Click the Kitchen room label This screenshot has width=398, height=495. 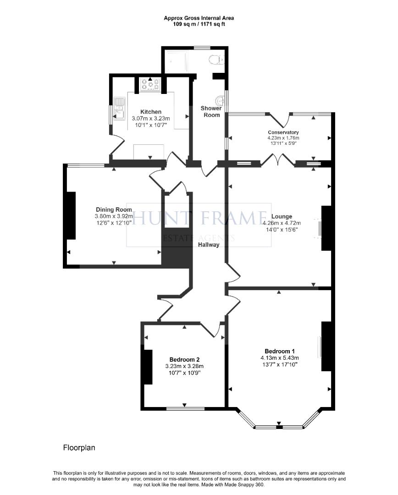150,112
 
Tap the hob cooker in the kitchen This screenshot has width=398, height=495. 150,84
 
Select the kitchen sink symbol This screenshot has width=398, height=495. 120,108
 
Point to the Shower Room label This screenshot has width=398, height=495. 210,111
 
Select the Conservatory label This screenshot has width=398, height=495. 283,132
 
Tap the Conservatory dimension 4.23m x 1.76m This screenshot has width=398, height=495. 283,137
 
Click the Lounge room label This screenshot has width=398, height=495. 282,217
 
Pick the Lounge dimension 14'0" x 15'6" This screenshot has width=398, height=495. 282,230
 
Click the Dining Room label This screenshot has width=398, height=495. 114,210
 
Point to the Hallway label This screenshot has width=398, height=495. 209,245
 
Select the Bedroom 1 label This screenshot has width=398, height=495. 279,351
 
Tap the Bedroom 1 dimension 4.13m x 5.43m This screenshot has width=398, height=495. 279,358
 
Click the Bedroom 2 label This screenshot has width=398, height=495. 184,359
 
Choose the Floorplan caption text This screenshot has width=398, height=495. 79,447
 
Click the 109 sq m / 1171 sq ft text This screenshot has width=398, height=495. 199,24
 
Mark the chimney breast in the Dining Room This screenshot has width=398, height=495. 71,215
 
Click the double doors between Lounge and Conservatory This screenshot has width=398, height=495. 278,160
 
